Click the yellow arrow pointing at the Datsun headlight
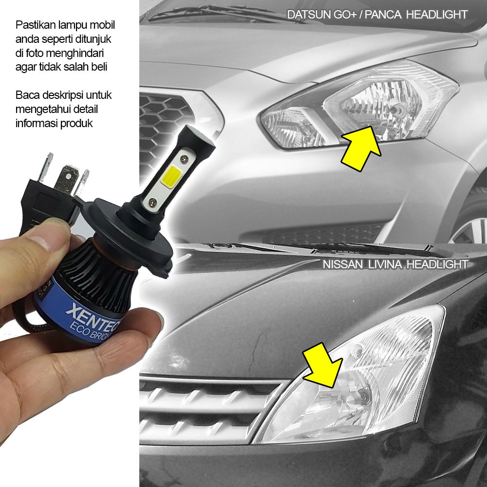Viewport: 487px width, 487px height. coord(361,149)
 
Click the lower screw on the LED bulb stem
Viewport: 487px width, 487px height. coord(152,203)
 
